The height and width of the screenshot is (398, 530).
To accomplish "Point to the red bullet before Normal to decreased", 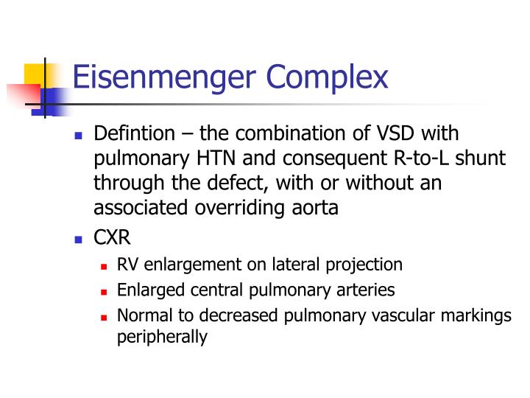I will [105, 316].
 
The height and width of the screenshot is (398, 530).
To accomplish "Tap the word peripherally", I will [163, 338].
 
